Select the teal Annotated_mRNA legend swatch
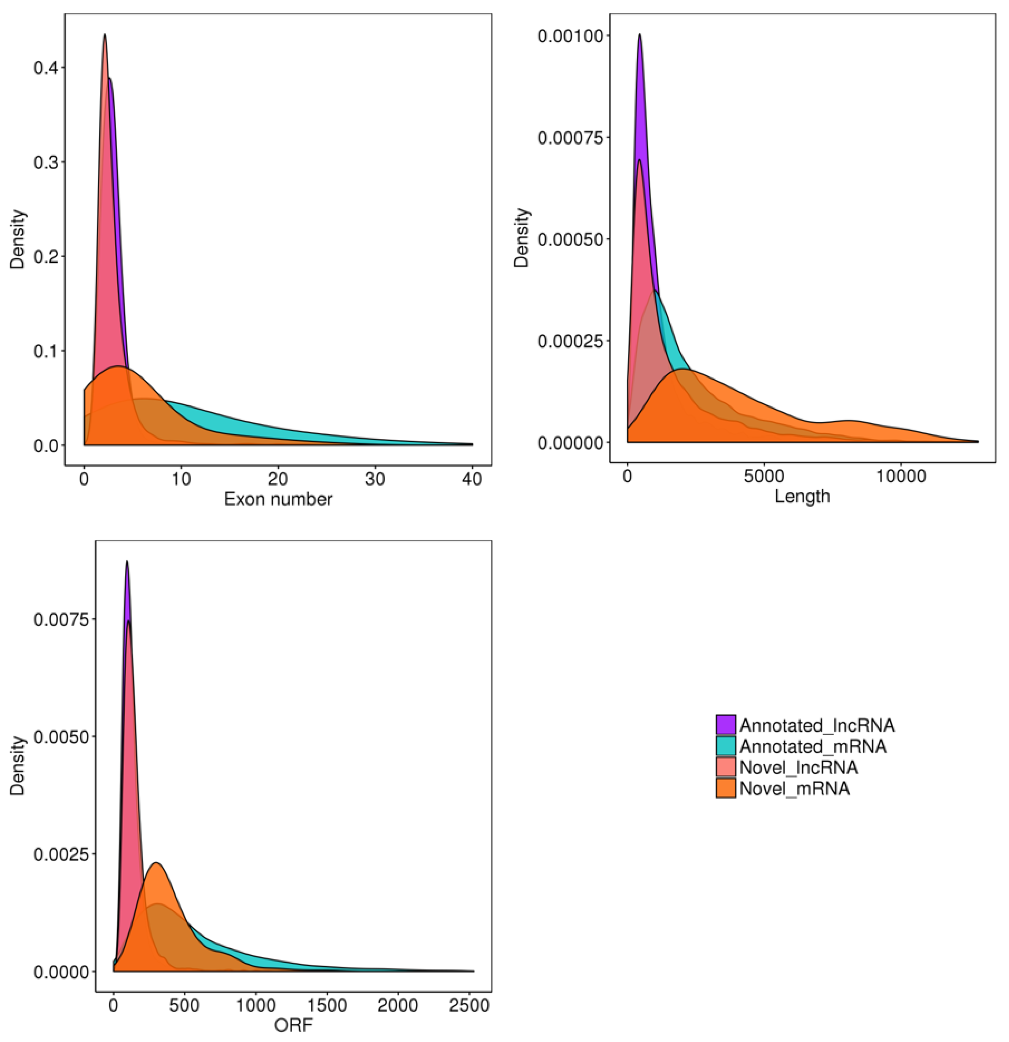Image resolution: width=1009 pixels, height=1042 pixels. pyautogui.click(x=726, y=746)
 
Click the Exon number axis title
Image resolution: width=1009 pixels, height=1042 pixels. pyautogui.click(x=278, y=499)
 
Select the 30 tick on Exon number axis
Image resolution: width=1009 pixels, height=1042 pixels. pyautogui.click(x=375, y=480)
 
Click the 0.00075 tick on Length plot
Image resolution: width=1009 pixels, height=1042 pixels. pyautogui.click(x=570, y=138)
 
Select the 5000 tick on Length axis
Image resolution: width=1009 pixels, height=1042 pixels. pyautogui.click(x=764, y=476)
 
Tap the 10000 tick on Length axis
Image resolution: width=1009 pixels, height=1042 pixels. pyautogui.click(x=900, y=476)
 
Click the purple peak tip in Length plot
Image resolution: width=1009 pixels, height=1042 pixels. pyautogui.click(x=639, y=35)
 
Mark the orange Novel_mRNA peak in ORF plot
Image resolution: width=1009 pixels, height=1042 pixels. pyautogui.click(x=156, y=863)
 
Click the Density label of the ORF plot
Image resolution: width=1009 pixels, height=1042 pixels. pyautogui.click(x=18, y=765)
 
